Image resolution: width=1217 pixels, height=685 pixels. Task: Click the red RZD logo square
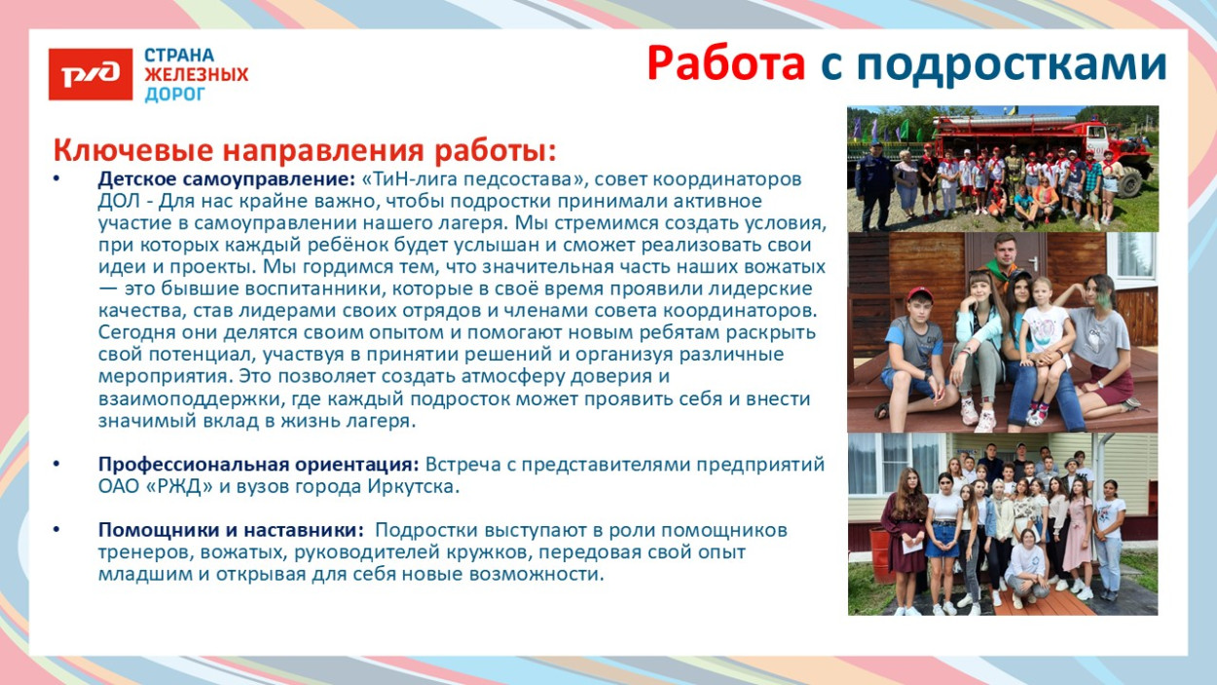[x=91, y=74]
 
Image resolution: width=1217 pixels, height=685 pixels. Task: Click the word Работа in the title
[x=726, y=63]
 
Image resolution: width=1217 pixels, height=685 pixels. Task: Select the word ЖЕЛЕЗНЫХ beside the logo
[x=196, y=74]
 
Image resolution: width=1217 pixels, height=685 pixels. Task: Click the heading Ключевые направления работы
[x=305, y=151]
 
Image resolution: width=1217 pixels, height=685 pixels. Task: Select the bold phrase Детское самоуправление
[x=226, y=179]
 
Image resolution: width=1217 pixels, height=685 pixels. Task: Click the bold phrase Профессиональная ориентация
[x=259, y=465]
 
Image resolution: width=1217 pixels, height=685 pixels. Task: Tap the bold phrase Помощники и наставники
[x=231, y=530]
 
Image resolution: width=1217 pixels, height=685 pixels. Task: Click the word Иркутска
[x=413, y=486]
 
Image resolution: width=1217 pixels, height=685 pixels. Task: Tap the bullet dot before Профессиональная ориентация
[x=56, y=464]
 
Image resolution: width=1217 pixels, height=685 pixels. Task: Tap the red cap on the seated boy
[x=920, y=294]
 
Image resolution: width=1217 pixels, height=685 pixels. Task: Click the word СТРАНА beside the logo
[x=179, y=56]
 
